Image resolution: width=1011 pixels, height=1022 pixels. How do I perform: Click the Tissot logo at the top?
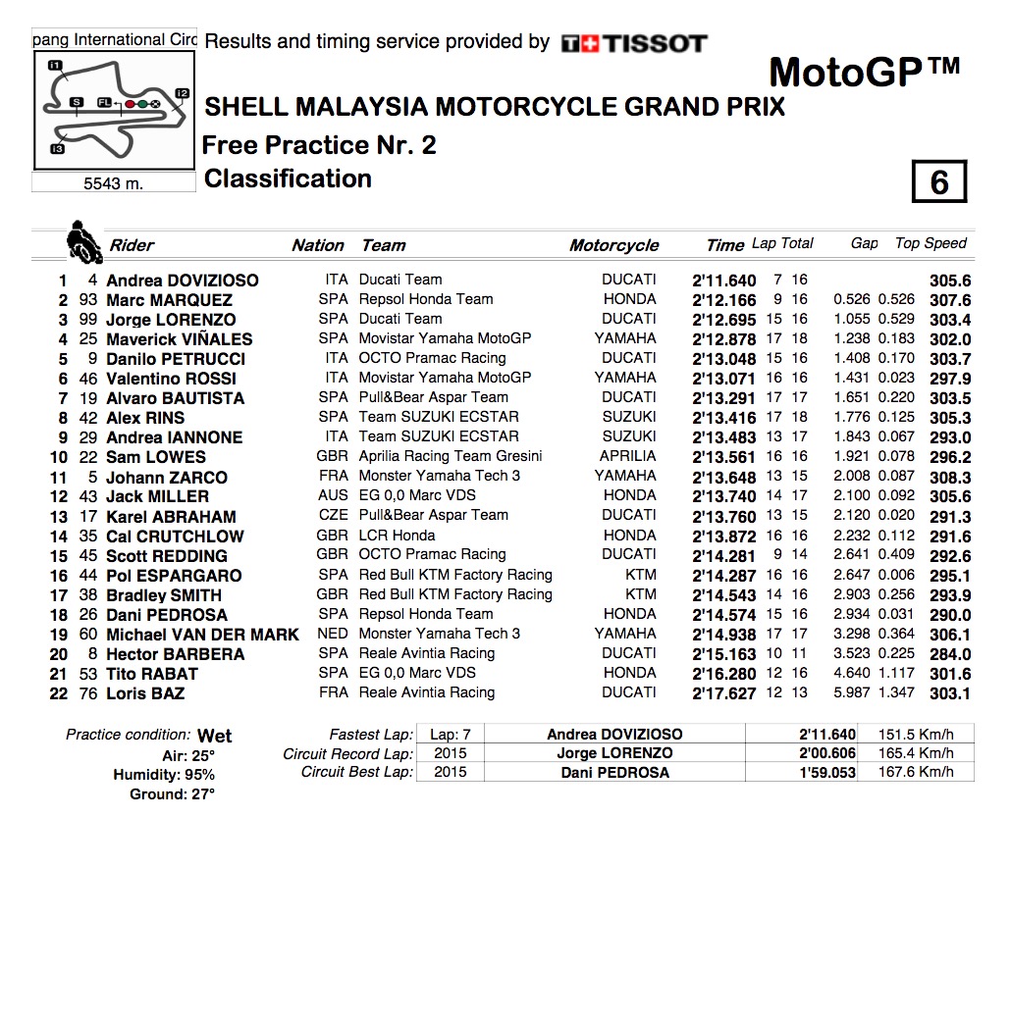coord(634,43)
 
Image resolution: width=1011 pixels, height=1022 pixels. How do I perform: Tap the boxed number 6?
coord(938,182)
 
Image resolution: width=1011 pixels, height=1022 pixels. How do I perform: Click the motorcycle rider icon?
coord(82,241)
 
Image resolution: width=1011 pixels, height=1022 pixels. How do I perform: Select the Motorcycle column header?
coord(613,245)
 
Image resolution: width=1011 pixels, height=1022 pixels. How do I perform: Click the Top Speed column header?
coord(931,243)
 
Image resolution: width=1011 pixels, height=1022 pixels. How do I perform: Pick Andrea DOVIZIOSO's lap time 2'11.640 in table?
coord(724,281)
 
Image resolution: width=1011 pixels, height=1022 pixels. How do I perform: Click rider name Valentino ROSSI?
coord(171,379)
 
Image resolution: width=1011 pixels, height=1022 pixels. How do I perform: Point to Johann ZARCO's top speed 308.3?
coord(949,477)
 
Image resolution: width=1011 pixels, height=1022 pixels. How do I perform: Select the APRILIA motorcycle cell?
coord(627,456)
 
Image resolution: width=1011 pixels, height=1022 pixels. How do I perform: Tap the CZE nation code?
coord(333,515)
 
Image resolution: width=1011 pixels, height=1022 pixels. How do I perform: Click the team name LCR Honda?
coord(397,535)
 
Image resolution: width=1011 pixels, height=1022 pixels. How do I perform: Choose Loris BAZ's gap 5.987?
coord(853,692)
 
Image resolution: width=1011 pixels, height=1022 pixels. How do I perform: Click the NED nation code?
coord(333,634)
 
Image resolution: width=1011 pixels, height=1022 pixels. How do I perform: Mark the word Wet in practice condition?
coord(214,736)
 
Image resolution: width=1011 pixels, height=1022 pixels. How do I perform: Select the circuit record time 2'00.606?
coord(827,753)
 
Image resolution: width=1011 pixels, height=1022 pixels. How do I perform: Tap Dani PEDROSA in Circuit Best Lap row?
coord(614,773)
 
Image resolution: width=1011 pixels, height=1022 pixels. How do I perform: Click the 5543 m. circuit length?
coord(113,183)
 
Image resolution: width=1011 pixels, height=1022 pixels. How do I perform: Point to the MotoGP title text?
coord(863,72)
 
